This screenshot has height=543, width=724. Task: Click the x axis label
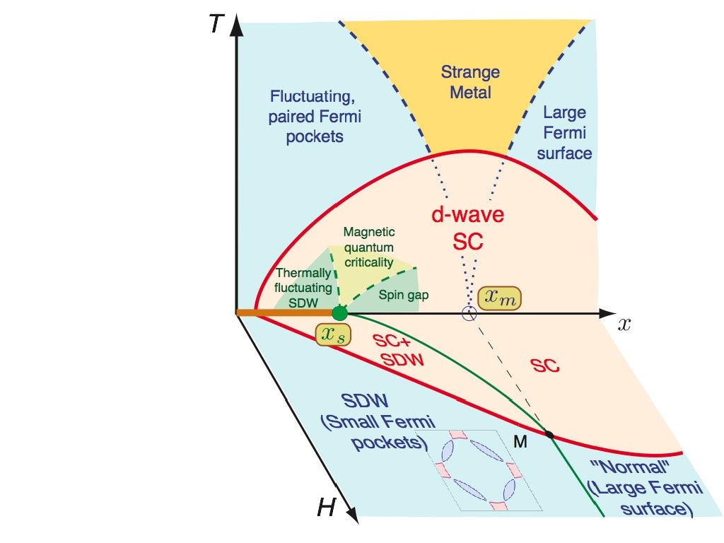[624, 325]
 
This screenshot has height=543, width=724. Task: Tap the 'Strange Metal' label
[470, 81]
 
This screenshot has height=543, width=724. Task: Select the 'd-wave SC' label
[468, 228]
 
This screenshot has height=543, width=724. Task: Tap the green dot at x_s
[340, 313]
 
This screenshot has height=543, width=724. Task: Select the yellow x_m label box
[499, 299]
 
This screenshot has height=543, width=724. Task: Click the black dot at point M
[549, 433]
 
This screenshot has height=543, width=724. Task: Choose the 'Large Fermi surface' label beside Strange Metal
[564, 132]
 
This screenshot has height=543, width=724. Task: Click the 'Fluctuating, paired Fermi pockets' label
[315, 115]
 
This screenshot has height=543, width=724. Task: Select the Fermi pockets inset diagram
[479, 469]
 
